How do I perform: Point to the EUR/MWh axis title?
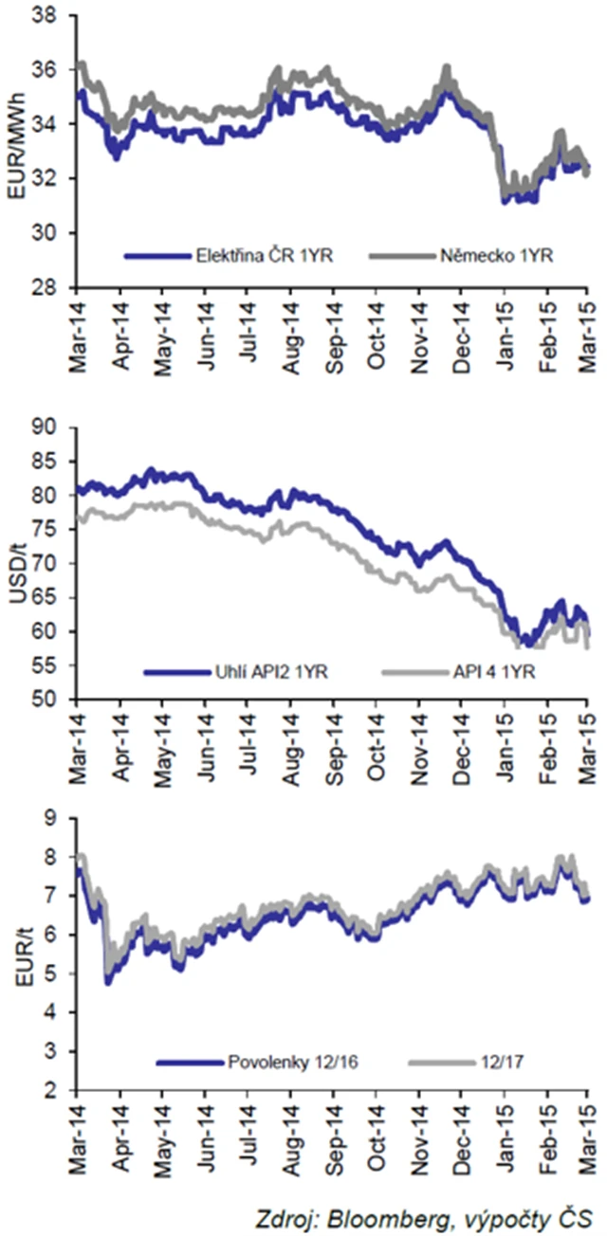click(x=15, y=152)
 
